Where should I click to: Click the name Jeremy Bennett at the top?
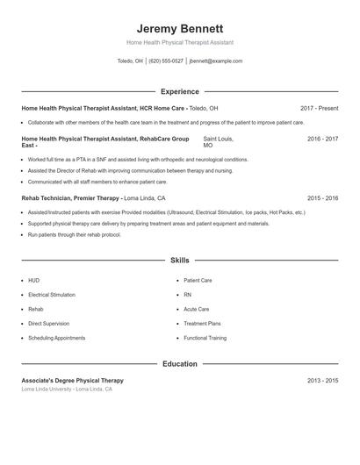pyautogui.click(x=180, y=29)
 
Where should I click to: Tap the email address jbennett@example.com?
pyautogui.click(x=215, y=61)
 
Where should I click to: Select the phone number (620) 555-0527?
pyautogui.click(x=166, y=61)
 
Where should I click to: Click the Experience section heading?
pyautogui.click(x=180, y=91)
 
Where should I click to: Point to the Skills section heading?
pyautogui.click(x=180, y=261)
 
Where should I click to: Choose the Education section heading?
pyautogui.click(x=180, y=363)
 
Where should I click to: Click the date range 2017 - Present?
pyautogui.click(x=319, y=108)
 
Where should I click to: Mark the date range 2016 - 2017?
pyautogui.click(x=322, y=139)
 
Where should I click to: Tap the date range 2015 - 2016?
pyautogui.click(x=322, y=199)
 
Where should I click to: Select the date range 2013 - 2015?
pyautogui.click(x=322, y=381)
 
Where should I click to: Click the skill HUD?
pyautogui.click(x=33, y=281)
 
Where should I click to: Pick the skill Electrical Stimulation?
pyautogui.click(x=52, y=295)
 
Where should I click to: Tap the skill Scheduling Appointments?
pyautogui.click(x=56, y=338)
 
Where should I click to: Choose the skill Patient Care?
pyautogui.click(x=198, y=281)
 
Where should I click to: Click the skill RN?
pyautogui.click(x=188, y=295)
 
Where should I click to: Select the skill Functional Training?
pyautogui.click(x=205, y=338)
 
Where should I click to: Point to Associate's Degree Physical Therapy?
pyautogui.click(x=72, y=381)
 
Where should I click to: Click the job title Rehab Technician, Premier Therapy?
pyautogui.click(x=70, y=199)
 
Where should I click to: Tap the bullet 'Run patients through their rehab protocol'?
pyautogui.click(x=74, y=235)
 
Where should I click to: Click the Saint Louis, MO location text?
pyautogui.click(x=218, y=141)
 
